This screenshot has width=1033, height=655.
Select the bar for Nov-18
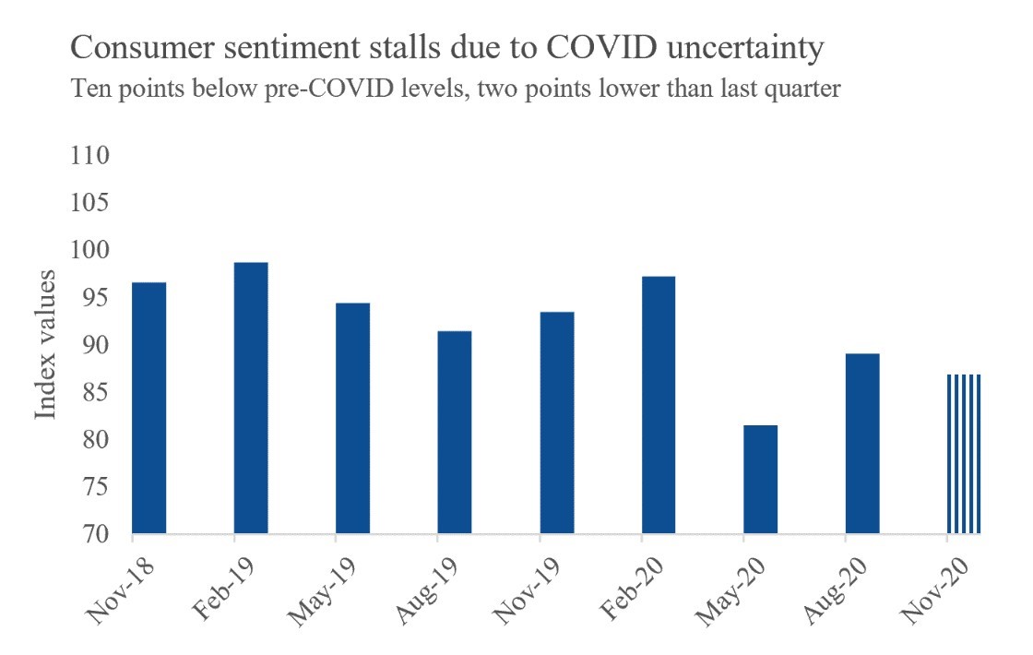(149, 408)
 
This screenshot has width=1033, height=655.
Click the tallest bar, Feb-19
(251, 398)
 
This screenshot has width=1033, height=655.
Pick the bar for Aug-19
(455, 432)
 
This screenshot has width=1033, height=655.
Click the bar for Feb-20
(659, 405)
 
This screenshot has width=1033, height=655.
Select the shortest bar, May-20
(761, 479)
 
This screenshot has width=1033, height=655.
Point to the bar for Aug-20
(862, 443)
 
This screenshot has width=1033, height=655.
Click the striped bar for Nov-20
(964, 454)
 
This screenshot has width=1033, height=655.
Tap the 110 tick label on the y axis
(90, 155)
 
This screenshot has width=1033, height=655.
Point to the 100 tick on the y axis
(90, 250)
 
